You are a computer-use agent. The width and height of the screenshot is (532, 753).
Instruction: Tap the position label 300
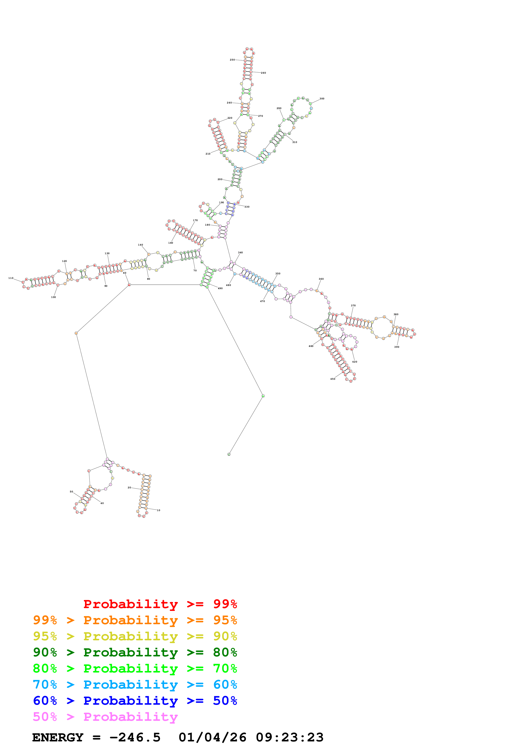pyautogui.click(x=322, y=98)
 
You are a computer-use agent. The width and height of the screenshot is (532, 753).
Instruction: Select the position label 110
pyautogui.click(x=11, y=278)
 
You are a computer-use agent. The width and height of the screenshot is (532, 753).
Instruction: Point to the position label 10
pyautogui.click(x=158, y=510)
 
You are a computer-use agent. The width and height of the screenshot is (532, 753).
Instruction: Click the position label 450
pyautogui.click(x=333, y=379)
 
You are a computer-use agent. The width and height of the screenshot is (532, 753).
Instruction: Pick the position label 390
pyautogui.click(x=397, y=347)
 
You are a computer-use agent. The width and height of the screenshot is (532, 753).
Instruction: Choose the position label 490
pyautogui.click(x=220, y=288)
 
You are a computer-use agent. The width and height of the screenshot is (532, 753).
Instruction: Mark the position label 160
pyautogui.click(x=170, y=243)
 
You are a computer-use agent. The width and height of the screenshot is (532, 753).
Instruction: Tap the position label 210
pyautogui.click(x=208, y=153)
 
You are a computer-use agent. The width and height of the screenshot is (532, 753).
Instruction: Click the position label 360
pyautogui.click(x=321, y=279)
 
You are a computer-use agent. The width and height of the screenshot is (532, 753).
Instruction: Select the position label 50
pyautogui.click(x=71, y=492)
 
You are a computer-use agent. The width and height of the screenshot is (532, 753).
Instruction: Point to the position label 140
pyautogui.click(x=140, y=245)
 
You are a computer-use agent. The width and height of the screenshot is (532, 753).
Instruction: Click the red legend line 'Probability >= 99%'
pyautogui.click(x=160, y=604)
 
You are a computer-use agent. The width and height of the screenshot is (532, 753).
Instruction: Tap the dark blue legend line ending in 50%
pyautogui.click(x=135, y=701)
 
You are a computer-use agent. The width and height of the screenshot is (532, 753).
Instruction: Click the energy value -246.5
pyautogui.click(x=135, y=738)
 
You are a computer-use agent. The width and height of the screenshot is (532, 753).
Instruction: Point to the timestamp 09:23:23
pyautogui.click(x=289, y=738)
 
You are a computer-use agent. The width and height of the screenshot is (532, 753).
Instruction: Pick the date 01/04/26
pyautogui.click(x=212, y=738)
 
